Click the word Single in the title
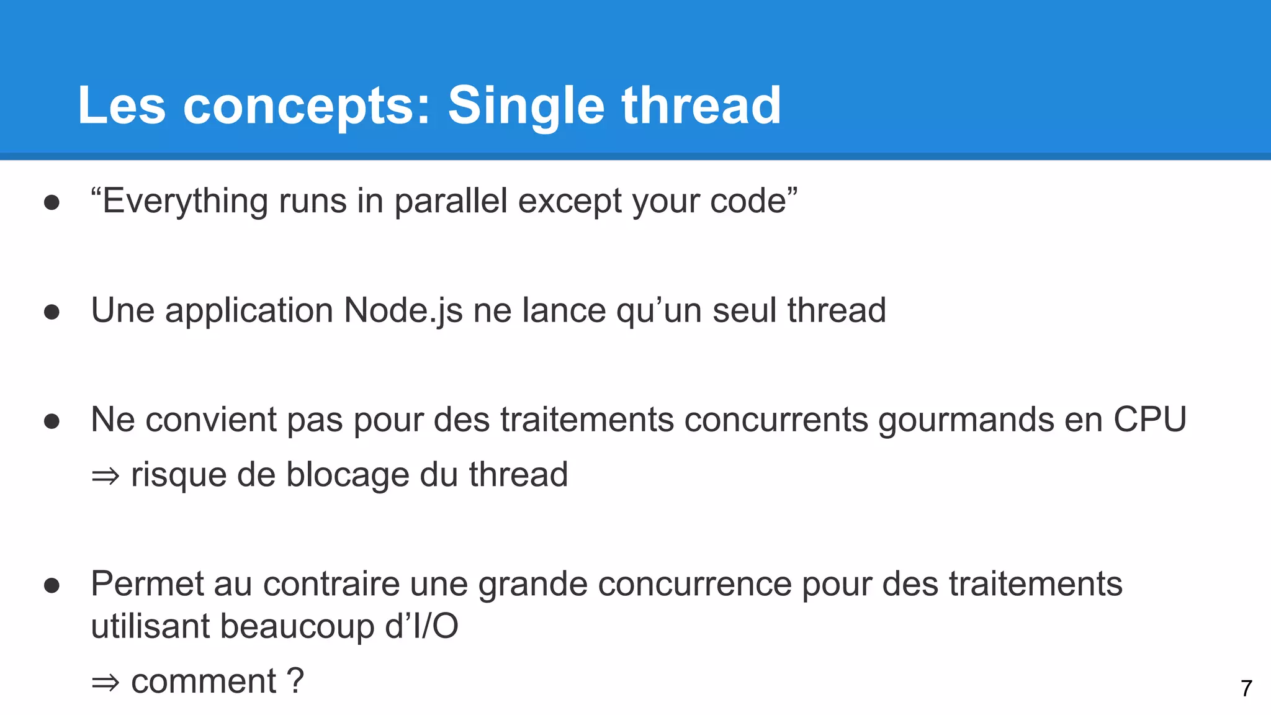pyautogui.click(x=526, y=106)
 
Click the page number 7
pyautogui.click(x=1246, y=688)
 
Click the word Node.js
pyautogui.click(x=403, y=310)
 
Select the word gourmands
pyautogui.click(x=966, y=420)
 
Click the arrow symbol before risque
pyautogui.click(x=105, y=476)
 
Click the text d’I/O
pyautogui.click(x=421, y=626)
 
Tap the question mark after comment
pyautogui.click(x=296, y=681)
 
